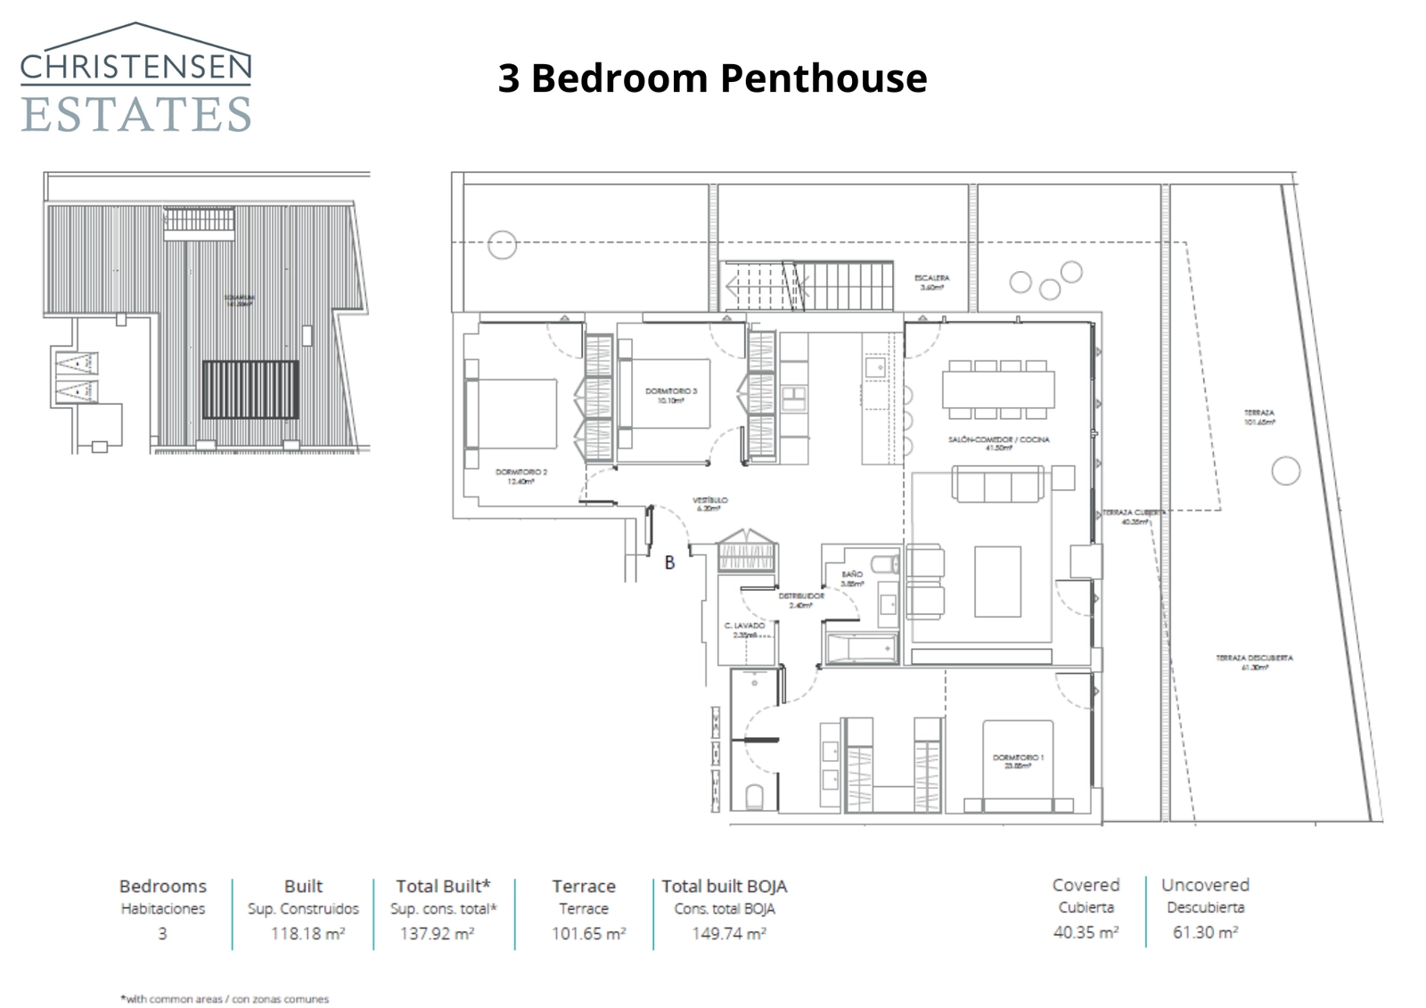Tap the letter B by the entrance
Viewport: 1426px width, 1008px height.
pyautogui.click(x=669, y=562)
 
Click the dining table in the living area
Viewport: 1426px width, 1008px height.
pyautogui.click(x=998, y=389)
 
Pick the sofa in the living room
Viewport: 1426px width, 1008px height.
pyautogui.click(x=998, y=485)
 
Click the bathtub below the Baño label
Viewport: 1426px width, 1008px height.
pyautogui.click(x=861, y=648)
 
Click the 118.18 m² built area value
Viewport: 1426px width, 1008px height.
pyautogui.click(x=307, y=934)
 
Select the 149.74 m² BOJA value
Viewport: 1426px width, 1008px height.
pyautogui.click(x=728, y=934)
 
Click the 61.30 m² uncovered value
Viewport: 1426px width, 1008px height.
pyautogui.click(x=1205, y=932)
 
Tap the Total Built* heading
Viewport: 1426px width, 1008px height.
pyautogui.click(x=443, y=886)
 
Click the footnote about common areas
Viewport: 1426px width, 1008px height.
pyautogui.click(x=225, y=999)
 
